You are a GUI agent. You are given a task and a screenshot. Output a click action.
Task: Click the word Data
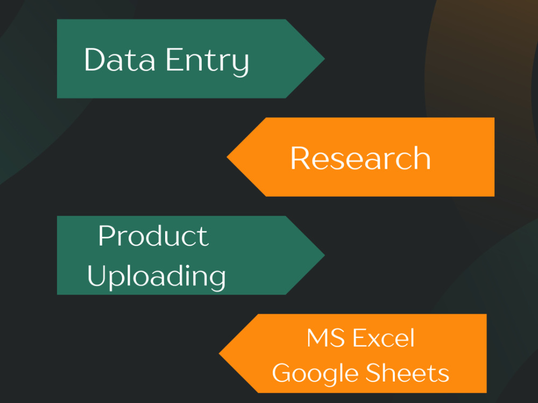click(119, 60)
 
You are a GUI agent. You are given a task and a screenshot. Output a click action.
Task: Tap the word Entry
click(207, 62)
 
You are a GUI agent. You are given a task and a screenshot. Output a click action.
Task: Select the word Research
click(360, 158)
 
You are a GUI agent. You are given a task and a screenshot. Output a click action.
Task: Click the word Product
click(153, 236)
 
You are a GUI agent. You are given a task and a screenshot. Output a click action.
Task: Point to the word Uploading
click(157, 277)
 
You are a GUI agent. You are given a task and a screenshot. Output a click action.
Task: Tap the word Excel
click(384, 338)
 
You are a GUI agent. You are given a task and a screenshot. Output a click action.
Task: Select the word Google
click(315, 374)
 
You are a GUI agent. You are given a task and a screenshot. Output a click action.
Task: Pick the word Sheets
click(407, 372)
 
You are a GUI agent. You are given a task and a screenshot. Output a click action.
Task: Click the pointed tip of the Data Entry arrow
click(324, 59)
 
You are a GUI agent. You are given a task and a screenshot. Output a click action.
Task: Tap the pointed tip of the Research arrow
click(227, 157)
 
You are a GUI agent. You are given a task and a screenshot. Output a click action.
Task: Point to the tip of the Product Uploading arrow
click(324, 255)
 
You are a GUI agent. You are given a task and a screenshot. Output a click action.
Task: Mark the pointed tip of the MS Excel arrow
click(220, 354)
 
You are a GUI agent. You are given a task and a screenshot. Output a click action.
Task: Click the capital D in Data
click(95, 60)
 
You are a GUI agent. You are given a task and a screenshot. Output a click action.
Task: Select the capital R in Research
click(300, 158)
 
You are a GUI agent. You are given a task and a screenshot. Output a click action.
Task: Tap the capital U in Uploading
click(97, 275)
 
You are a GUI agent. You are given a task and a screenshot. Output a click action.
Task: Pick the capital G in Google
click(283, 372)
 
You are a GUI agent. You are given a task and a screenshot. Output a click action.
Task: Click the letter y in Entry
click(240, 66)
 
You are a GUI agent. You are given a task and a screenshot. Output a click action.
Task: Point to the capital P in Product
click(107, 236)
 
